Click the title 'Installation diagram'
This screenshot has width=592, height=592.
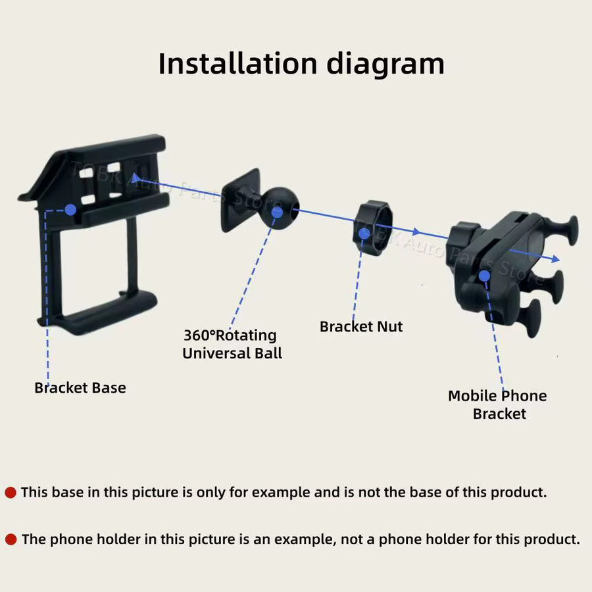click(301, 64)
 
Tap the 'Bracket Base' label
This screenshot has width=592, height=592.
click(80, 387)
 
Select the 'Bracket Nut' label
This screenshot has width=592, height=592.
click(361, 326)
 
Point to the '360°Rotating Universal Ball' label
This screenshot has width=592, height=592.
click(232, 344)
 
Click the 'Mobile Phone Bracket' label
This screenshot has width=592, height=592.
click(498, 405)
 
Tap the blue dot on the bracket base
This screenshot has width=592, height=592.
click(70, 210)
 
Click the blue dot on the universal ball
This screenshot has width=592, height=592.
click(277, 212)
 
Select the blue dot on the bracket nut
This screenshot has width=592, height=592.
click(364, 234)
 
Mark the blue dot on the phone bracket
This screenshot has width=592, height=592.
click(484, 276)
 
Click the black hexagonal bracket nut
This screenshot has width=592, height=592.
click(373, 228)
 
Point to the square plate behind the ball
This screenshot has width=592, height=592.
click(240, 200)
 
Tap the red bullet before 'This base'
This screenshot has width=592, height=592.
click(10, 492)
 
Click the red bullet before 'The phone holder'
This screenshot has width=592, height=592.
click(11, 539)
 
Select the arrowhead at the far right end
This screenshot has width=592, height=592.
click(555, 259)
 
